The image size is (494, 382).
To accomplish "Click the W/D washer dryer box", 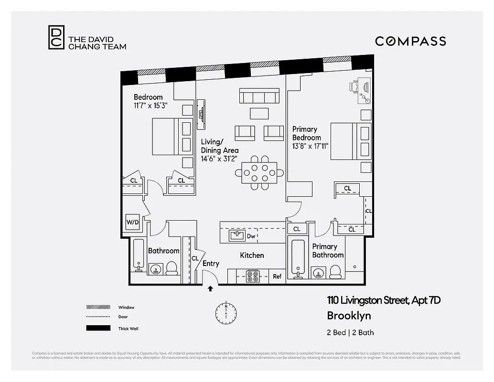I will pyautogui.click(x=132, y=223).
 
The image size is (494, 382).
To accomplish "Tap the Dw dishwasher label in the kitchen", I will pyautogui.click(x=251, y=236).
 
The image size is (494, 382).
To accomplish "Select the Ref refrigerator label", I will pyautogui.click(x=277, y=276).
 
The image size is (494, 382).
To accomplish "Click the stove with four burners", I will pyautogui.click(x=252, y=276).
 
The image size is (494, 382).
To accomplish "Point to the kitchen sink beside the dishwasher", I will pyautogui.click(x=237, y=235).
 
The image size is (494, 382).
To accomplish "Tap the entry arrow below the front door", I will pyautogui.click(x=210, y=288).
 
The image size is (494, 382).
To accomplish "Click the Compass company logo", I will pyautogui.click(x=410, y=41).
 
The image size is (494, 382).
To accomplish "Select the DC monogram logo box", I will pyautogui.click(x=56, y=37).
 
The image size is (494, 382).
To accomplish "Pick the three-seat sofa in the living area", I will pyautogui.click(x=259, y=96).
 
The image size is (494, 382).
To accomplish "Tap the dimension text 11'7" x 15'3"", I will pyautogui.click(x=150, y=106).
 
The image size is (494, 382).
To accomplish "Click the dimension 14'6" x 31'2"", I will pyautogui.click(x=219, y=159).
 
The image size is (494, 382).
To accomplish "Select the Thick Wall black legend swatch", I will pyautogui.click(x=98, y=328).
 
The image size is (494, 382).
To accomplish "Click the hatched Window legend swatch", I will pyautogui.click(x=98, y=307).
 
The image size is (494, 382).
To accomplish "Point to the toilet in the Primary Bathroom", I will pyautogui.click(x=335, y=271).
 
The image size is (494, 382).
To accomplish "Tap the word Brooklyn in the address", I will pyautogui.click(x=349, y=316).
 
